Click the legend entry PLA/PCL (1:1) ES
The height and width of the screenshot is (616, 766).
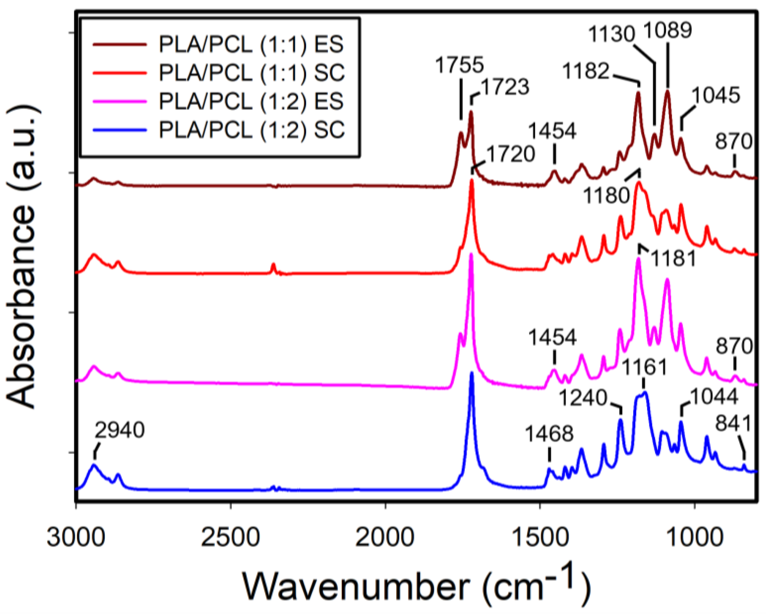click(251, 45)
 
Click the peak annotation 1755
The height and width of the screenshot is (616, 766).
click(459, 65)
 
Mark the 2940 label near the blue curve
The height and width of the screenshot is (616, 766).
click(120, 430)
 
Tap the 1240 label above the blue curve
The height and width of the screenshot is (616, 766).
click(583, 398)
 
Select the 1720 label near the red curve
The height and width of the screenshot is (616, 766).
click(510, 154)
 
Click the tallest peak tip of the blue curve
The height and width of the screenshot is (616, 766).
click(472, 373)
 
